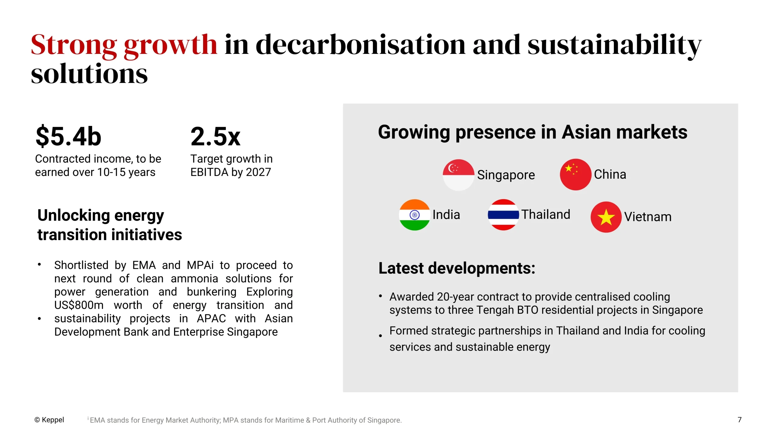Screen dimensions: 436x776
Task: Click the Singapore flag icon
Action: pyautogui.click(x=458, y=175)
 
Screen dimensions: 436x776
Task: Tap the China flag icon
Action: pyautogui.click(x=575, y=174)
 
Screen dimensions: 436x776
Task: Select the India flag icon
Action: pyautogui.click(x=414, y=215)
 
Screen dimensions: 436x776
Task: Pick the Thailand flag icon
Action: pyautogui.click(x=503, y=215)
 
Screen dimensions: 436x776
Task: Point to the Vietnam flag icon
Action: pyautogui.click(x=606, y=217)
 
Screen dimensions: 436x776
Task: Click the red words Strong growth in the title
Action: pyautogui.click(x=124, y=45)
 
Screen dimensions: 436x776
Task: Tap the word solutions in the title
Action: pyautogui.click(x=89, y=74)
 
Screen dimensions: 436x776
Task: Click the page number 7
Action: pyautogui.click(x=739, y=420)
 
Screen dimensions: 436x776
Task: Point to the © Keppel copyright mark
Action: pyautogui.click(x=49, y=420)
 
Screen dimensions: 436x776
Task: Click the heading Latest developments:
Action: pyautogui.click(x=457, y=268)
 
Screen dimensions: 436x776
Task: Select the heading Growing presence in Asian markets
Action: pyautogui.click(x=533, y=132)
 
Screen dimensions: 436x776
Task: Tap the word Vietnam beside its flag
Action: pyautogui.click(x=648, y=217)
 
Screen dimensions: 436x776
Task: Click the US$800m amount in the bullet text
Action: pyautogui.click(x=79, y=305)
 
